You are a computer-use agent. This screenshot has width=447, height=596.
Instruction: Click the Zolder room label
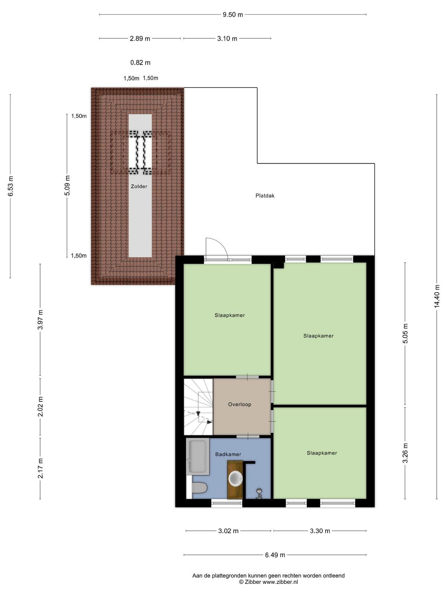pos(139,186)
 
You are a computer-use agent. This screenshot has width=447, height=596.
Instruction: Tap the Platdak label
pos(265,196)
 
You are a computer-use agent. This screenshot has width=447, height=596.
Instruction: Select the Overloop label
pos(240,404)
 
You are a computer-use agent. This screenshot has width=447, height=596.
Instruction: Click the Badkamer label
pos(228,454)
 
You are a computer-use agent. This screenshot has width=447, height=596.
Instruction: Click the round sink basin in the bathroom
pos(235,478)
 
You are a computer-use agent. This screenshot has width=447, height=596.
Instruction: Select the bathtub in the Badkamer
pos(197,456)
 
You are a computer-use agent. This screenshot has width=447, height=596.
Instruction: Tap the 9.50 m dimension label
pos(233,15)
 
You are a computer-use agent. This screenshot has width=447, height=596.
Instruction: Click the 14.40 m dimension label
pos(437,296)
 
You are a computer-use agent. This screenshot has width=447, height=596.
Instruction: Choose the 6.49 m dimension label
pos(275,555)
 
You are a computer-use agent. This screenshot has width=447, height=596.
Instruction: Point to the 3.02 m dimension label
pos(228,531)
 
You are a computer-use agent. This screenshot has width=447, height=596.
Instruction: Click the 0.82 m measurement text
pos(140,63)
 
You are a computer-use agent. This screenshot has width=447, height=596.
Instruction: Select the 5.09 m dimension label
pos(67,185)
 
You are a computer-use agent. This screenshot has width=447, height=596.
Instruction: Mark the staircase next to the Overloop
pos(199,407)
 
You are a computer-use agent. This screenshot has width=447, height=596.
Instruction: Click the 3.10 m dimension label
pos(227,39)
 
